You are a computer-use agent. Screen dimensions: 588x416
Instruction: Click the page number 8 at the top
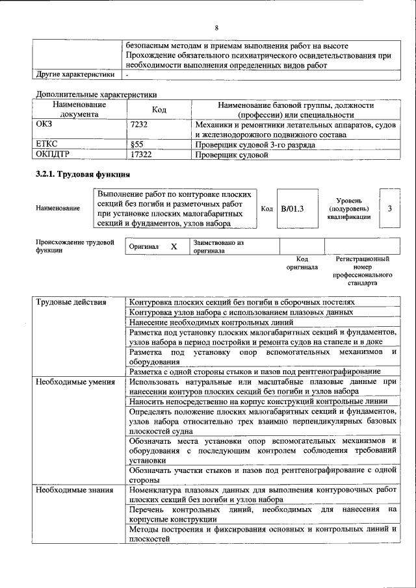click(x=216, y=27)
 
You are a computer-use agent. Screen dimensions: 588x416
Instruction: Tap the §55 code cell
click(x=137, y=145)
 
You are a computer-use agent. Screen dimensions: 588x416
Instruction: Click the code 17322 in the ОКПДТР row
click(x=141, y=155)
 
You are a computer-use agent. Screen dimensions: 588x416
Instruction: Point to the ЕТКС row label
click(x=47, y=145)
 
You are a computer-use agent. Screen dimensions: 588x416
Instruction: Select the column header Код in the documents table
click(x=159, y=109)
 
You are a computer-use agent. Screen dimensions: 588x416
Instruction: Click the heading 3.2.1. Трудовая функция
click(x=82, y=175)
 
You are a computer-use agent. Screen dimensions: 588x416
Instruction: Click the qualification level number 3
click(x=389, y=209)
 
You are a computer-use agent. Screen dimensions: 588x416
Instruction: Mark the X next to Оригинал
click(x=174, y=247)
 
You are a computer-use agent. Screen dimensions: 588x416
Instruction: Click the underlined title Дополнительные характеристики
click(x=96, y=94)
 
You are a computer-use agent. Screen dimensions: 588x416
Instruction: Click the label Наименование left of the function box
click(x=58, y=209)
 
